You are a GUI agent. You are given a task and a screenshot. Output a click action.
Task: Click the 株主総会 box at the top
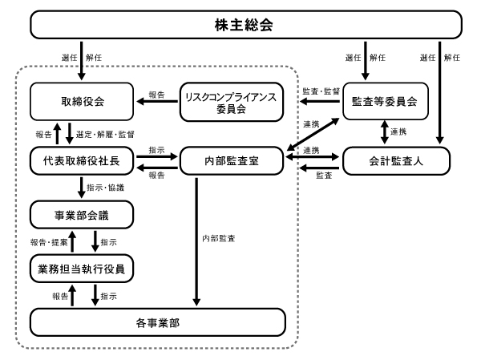click(x=246, y=25)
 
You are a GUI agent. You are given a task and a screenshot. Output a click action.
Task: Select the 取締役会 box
click(x=82, y=101)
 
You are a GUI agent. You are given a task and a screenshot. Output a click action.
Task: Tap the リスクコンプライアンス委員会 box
click(x=232, y=102)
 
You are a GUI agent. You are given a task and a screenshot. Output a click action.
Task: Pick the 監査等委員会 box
click(x=386, y=101)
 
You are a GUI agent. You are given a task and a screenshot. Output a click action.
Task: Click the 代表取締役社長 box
click(x=82, y=160)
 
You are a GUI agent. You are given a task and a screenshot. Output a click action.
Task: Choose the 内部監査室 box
click(x=232, y=160)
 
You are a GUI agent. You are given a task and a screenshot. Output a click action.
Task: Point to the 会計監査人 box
click(x=396, y=160)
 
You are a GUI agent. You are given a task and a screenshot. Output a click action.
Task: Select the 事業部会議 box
click(x=82, y=215)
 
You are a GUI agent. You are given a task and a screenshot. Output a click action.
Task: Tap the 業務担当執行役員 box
click(x=82, y=269)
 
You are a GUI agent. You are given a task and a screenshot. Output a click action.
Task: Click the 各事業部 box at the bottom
click(x=158, y=322)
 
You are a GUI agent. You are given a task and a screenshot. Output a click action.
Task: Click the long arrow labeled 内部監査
click(x=196, y=242)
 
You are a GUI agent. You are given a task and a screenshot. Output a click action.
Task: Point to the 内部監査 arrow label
click(x=218, y=238)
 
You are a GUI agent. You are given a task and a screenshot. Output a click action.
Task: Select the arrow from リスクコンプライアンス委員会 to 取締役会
click(x=157, y=101)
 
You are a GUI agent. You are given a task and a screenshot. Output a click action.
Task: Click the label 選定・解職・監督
click(x=105, y=135)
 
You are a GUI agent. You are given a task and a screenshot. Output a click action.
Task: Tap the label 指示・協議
click(x=105, y=188)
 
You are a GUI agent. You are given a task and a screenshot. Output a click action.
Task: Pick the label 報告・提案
click(x=49, y=242)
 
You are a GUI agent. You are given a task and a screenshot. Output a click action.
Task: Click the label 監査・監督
click(x=321, y=91)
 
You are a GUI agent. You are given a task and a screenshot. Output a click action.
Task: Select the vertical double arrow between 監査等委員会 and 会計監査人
click(x=385, y=132)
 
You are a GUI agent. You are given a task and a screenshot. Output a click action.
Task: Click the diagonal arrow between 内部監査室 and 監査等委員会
click(x=313, y=135)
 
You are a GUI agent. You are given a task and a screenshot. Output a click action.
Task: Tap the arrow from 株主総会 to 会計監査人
click(x=439, y=93)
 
